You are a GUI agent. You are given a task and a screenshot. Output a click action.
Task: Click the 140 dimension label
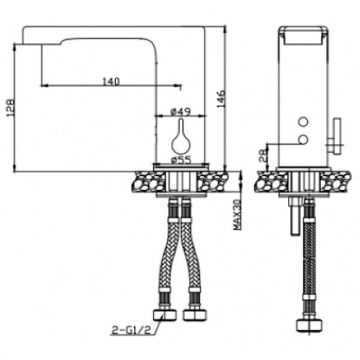pyautogui.click(x=111, y=82)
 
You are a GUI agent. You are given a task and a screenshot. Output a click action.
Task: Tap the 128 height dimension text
pyautogui.click(x=11, y=107)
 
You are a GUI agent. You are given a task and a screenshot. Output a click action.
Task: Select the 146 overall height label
pyautogui.click(x=221, y=99)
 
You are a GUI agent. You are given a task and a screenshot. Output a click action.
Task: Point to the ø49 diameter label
pyautogui.click(x=181, y=112)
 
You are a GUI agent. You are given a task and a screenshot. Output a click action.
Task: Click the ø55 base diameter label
pyautogui.click(x=181, y=160)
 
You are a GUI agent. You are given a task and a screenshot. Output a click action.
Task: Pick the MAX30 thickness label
pyautogui.click(x=238, y=215)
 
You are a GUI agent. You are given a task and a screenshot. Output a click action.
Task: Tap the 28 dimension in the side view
pyautogui.click(x=263, y=155)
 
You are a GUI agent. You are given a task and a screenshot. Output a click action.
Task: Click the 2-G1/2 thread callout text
pyautogui.click(x=131, y=330)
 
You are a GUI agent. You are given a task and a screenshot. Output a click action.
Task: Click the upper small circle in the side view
pyautogui.click(x=303, y=122)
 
